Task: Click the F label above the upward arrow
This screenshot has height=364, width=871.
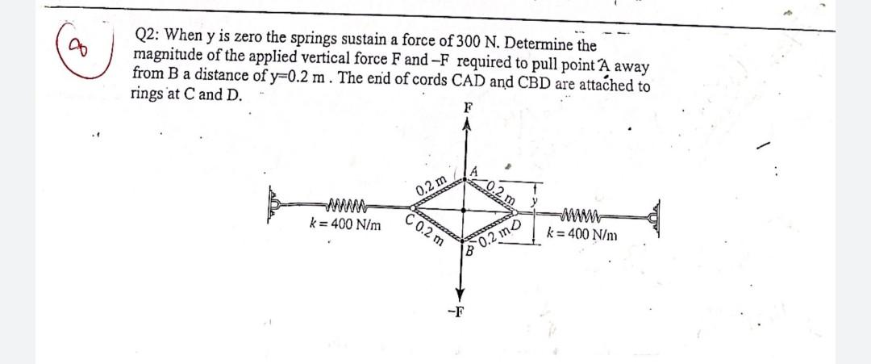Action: (x=465, y=107)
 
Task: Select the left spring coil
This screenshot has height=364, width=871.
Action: (x=345, y=203)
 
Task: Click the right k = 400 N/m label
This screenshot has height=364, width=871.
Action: (x=584, y=235)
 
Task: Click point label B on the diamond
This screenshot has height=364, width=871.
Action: (x=469, y=250)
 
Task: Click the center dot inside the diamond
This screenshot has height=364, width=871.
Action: (x=463, y=209)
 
